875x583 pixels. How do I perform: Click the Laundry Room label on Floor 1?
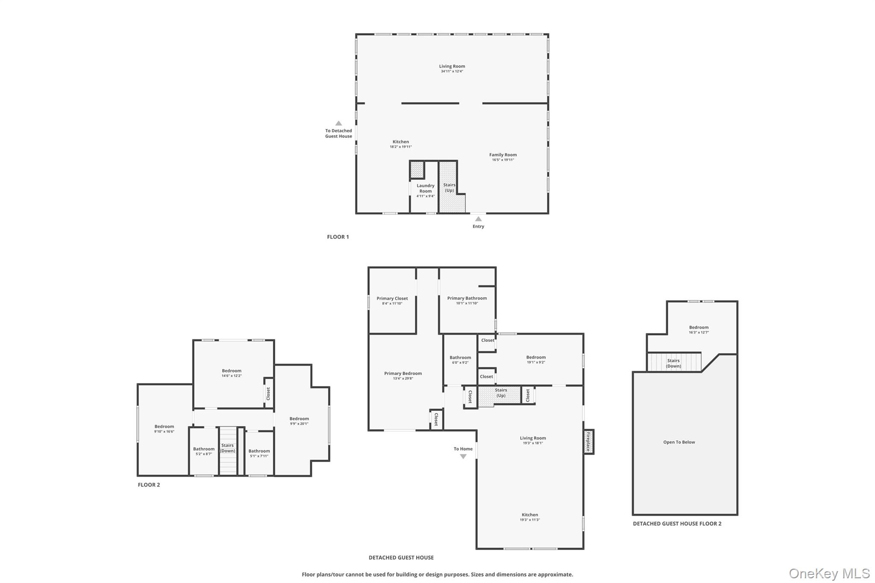point(425,188)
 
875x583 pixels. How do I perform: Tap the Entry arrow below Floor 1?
point(478,219)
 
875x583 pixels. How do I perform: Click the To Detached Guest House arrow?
point(338,123)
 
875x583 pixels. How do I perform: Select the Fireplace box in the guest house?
point(588,442)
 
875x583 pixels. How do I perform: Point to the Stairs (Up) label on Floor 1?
point(449,187)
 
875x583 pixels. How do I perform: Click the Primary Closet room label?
point(392,299)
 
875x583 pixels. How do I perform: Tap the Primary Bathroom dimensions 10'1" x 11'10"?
point(467,303)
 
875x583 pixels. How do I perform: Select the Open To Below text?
point(678,442)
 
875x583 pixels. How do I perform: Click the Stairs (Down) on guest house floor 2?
point(673,363)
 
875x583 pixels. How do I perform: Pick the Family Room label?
point(502,155)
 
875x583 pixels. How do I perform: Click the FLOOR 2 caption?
point(149,485)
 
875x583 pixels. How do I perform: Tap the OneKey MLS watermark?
point(829,573)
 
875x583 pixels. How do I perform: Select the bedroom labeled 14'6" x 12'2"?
point(231,373)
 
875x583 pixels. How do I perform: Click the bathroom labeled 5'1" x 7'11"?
point(259,453)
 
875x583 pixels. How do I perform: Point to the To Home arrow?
point(463,456)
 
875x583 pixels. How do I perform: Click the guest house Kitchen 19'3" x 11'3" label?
point(529,517)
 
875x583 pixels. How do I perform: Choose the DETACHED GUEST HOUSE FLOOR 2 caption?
point(677,524)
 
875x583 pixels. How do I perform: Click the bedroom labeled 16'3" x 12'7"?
point(698,329)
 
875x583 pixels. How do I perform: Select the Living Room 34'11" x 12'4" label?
point(452,68)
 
